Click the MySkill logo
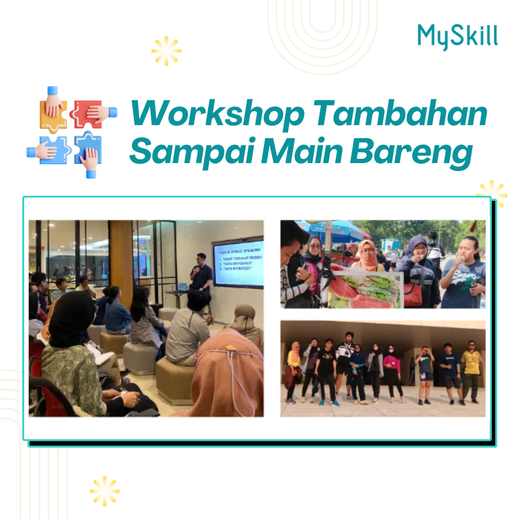[x=457, y=36]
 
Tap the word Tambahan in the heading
[x=400, y=113]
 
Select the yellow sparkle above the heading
[x=166, y=51]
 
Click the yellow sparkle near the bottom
[x=105, y=491]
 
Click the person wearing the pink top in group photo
[x=392, y=368]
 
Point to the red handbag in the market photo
[x=413, y=294]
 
